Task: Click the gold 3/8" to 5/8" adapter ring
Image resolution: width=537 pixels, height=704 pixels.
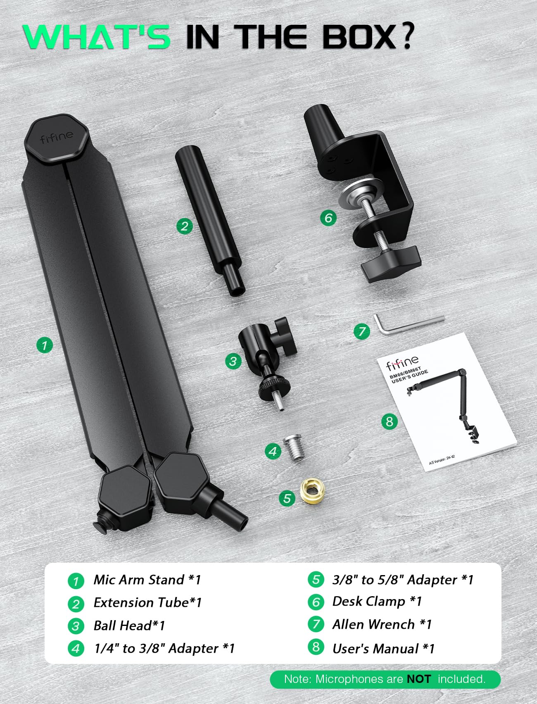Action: (313, 491)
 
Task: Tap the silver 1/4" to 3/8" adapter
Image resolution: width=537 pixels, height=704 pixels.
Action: (293, 448)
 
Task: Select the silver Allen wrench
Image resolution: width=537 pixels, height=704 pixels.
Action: (407, 323)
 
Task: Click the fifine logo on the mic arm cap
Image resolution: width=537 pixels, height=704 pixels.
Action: (57, 137)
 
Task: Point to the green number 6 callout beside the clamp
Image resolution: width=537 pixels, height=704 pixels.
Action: (328, 218)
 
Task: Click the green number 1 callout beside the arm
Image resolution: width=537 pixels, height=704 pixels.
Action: (44, 345)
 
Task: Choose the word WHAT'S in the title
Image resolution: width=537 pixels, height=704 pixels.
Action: (97, 38)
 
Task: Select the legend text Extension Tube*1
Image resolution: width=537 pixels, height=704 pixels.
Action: (147, 603)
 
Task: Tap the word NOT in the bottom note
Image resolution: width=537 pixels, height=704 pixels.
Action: (419, 679)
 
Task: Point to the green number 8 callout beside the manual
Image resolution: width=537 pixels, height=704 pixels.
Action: (389, 421)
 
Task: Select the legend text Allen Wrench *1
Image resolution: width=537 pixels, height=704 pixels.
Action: (382, 624)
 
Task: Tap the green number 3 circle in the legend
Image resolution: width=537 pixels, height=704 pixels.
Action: (76, 626)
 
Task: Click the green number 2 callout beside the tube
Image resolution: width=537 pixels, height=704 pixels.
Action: (184, 226)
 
